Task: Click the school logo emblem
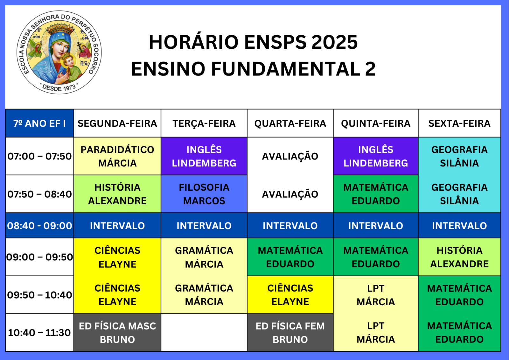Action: pyautogui.click(x=59, y=52)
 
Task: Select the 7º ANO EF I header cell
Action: pyautogui.click(x=39, y=123)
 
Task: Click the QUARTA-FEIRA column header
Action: pyautogui.click(x=290, y=123)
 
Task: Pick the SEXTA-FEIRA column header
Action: pyautogui.click(x=459, y=123)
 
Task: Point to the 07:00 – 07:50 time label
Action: pyautogui.click(x=39, y=156)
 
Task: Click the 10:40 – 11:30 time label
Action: pyautogui.click(x=39, y=333)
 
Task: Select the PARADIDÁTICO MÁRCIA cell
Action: pyautogui.click(x=117, y=156)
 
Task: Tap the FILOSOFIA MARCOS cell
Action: pyautogui.click(x=204, y=194)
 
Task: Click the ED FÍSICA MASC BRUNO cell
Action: pyautogui.click(x=117, y=333)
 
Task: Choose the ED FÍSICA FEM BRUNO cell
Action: pyautogui.click(x=290, y=333)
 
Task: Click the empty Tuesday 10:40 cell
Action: pyautogui.click(x=204, y=333)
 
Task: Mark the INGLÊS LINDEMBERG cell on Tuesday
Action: pyautogui.click(x=204, y=156)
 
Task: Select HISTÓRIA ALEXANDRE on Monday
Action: pyautogui.click(x=117, y=194)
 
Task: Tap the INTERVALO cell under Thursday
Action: pyautogui.click(x=376, y=226)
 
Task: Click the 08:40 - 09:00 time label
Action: pyautogui.click(x=39, y=226)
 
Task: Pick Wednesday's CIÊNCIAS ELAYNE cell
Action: pyautogui.click(x=290, y=295)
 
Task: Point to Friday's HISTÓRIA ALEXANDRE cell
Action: pyautogui.click(x=459, y=257)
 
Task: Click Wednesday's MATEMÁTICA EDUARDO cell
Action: pyautogui.click(x=290, y=257)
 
